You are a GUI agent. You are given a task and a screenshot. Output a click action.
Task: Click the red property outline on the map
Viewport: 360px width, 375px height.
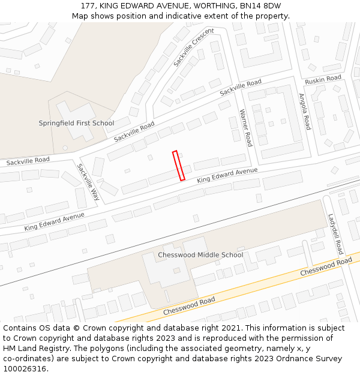pyautogui.click(x=178, y=166)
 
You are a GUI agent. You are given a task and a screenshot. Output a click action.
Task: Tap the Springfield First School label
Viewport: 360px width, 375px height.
pyautogui.click(x=76, y=124)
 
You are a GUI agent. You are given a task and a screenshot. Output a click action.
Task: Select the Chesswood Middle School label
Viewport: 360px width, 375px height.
pyautogui.click(x=200, y=255)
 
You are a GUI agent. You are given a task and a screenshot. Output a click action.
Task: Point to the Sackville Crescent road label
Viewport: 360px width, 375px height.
pyautogui.click(x=193, y=47)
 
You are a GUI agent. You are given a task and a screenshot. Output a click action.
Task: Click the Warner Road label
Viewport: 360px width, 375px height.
pyautogui.click(x=245, y=128)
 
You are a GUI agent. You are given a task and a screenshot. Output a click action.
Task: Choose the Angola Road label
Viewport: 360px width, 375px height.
pyautogui.click(x=304, y=112)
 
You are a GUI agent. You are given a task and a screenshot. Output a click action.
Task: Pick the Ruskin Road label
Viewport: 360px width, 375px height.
pyautogui.click(x=323, y=79)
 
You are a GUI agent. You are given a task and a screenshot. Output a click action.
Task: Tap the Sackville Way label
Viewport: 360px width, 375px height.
pyautogui.click(x=88, y=182)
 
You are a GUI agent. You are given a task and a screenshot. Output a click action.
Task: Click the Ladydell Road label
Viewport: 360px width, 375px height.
pyautogui.click(x=335, y=234)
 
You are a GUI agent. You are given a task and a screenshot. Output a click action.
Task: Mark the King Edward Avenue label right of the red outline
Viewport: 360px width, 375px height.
pyautogui.click(x=227, y=175)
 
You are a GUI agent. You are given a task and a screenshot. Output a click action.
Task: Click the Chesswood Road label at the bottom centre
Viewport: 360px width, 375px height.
pyautogui.click(x=189, y=305)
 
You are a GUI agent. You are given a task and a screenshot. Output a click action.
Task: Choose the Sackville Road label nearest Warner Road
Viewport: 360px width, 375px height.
pyautogui.click(x=241, y=88)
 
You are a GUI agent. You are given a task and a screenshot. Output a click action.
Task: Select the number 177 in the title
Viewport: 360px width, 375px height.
pyautogui.click(x=88, y=6)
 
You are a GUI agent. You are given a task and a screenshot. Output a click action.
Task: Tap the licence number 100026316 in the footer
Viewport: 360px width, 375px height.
pyautogui.click(x=25, y=369)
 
